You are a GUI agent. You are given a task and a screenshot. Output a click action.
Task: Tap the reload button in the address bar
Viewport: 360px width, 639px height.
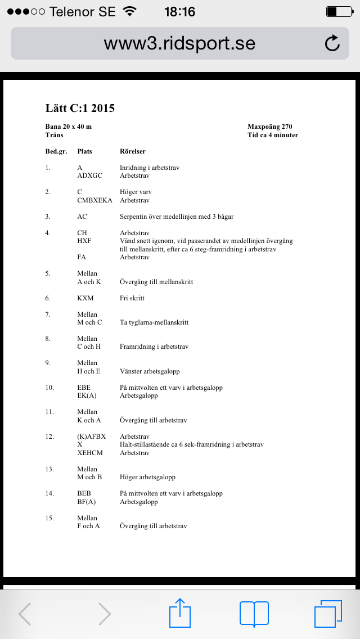(x=332, y=43)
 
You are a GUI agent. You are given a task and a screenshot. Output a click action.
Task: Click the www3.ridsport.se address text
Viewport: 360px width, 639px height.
(x=179, y=43)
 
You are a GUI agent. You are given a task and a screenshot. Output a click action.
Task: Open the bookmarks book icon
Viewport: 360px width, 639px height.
(x=254, y=613)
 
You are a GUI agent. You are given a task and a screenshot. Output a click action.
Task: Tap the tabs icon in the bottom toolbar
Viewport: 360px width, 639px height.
(x=328, y=613)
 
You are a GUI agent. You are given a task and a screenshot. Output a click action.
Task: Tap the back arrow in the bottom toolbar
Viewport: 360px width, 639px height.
(x=25, y=614)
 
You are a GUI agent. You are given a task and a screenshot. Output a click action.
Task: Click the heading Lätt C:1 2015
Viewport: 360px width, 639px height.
(x=80, y=108)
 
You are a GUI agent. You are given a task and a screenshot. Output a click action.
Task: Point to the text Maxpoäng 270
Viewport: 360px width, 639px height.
(x=269, y=127)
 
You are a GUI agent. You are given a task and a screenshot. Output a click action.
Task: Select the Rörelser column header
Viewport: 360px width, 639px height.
(x=133, y=151)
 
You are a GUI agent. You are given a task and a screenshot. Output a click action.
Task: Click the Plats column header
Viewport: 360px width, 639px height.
(x=84, y=151)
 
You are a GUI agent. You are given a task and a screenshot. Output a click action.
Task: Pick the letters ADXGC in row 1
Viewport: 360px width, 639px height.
(x=90, y=175)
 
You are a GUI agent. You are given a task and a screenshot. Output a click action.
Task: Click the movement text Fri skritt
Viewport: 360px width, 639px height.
(x=133, y=298)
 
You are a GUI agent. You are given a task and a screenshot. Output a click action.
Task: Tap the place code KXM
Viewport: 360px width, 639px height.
(x=85, y=298)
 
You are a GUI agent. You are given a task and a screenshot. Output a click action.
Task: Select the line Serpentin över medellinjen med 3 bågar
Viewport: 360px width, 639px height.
(x=176, y=217)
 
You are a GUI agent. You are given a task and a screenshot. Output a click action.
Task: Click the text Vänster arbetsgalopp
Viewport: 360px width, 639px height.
(x=150, y=371)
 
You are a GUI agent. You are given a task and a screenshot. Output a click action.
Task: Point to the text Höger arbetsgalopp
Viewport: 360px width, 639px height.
(x=147, y=477)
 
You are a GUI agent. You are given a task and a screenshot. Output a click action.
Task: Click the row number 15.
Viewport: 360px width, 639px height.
(x=49, y=517)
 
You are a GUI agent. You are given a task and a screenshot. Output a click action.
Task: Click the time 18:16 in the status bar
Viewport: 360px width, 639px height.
(x=180, y=11)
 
